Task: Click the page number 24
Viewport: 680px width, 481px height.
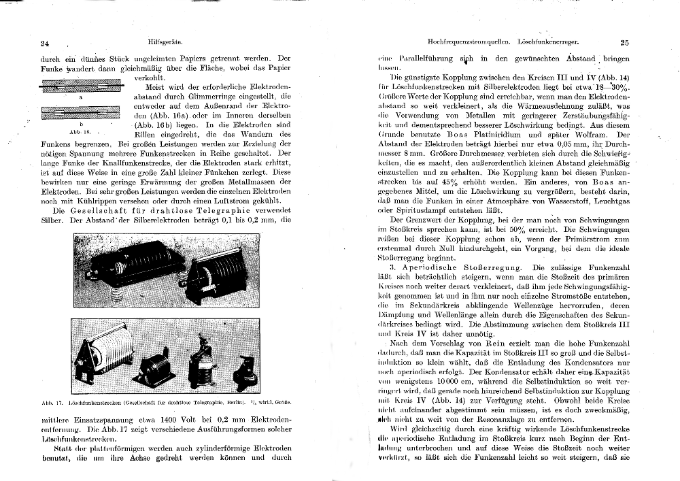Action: tap(46, 43)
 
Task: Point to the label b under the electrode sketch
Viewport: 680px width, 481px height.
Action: tap(82, 125)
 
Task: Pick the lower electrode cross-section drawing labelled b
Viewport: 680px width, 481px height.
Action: tap(81, 114)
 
